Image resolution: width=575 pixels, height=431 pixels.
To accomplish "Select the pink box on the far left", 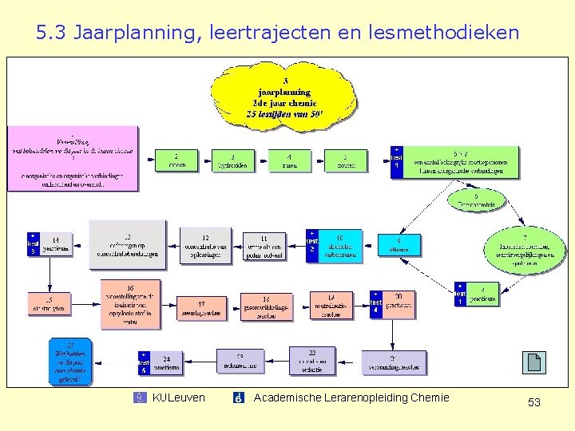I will pyautogui.click(x=73, y=158).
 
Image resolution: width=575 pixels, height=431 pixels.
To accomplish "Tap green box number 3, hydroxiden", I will pyautogui.click(x=232, y=160).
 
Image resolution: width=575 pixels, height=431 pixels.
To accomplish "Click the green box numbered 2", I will pyautogui.click(x=175, y=160).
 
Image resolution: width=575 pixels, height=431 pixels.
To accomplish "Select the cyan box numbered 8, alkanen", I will pyautogui.click(x=399, y=245).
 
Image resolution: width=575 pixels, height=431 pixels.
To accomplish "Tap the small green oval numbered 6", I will pyautogui.click(x=477, y=200).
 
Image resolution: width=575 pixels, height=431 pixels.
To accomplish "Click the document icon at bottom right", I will pyautogui.click(x=534, y=363).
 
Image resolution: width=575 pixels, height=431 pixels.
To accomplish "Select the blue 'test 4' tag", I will pyautogui.click(x=376, y=304).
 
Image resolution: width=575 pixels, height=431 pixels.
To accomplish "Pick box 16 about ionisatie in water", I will pyautogui.click(x=130, y=304).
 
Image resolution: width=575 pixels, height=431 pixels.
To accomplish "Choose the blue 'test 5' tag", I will pyautogui.click(x=144, y=362).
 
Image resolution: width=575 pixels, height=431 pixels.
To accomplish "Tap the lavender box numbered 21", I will pyautogui.click(x=393, y=362).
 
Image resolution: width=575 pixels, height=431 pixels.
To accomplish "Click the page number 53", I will pyautogui.click(x=533, y=402).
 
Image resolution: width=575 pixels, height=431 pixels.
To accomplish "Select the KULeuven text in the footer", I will pyautogui.click(x=178, y=397).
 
